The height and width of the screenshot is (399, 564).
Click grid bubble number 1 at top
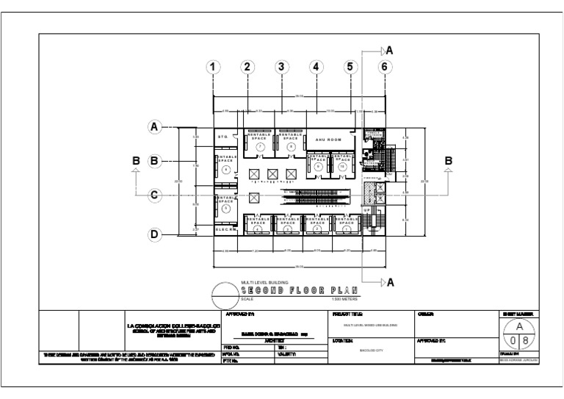click(214, 67)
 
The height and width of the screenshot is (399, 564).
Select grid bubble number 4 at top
click(316, 67)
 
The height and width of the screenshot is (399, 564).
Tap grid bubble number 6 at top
click(383, 67)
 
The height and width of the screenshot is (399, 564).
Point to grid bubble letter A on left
click(155, 127)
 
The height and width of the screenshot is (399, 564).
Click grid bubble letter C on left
click(155, 195)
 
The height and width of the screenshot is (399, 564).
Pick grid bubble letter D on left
click(155, 235)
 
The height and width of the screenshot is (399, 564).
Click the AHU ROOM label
click(329, 139)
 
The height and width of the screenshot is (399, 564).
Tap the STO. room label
click(223, 137)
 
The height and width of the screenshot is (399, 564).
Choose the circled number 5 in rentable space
click(226, 209)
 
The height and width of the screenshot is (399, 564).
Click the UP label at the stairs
click(368, 211)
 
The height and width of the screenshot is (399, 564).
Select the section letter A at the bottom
click(389, 282)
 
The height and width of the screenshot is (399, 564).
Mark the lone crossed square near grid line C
click(254, 198)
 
